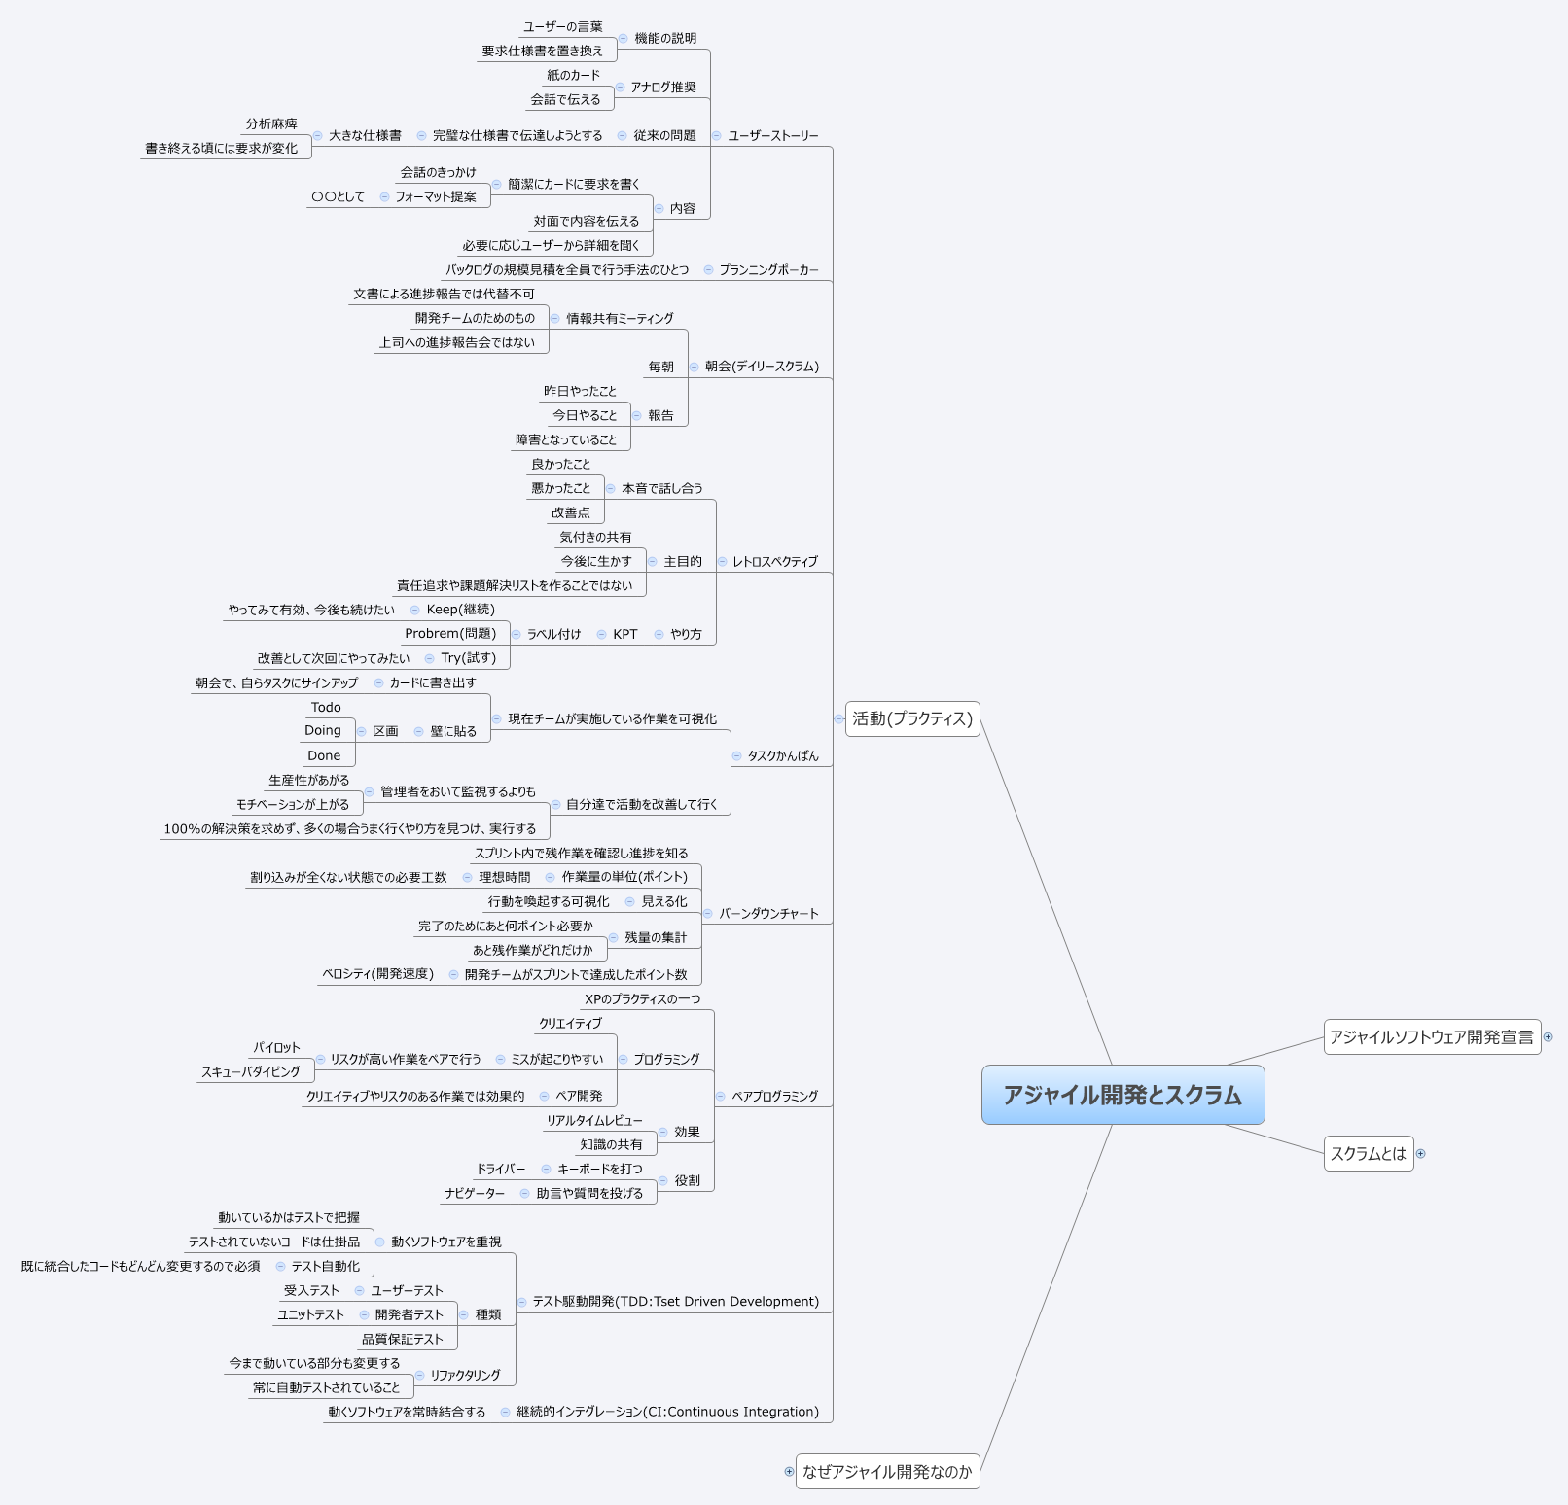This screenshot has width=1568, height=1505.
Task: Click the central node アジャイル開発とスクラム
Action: coord(1123,1095)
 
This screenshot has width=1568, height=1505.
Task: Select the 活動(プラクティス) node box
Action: coord(912,718)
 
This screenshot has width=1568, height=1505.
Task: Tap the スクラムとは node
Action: coord(1368,1153)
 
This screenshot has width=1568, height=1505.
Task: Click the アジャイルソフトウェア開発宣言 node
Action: coord(1432,1036)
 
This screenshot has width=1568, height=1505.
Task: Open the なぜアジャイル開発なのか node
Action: coord(887,1471)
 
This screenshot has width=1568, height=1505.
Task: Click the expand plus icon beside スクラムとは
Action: coord(1421,1153)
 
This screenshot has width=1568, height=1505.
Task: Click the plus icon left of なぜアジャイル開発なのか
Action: coord(789,1471)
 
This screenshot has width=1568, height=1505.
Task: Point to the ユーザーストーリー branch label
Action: coord(773,135)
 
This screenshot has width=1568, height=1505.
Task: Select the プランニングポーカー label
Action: coord(768,269)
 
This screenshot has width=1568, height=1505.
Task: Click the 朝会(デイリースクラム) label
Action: coord(762,367)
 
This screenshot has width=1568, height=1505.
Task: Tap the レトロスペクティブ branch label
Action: coord(775,561)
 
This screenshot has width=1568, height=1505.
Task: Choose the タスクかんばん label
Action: coord(783,755)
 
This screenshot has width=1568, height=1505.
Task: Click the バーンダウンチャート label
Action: coord(768,913)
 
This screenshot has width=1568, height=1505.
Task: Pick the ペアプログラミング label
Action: coord(775,1096)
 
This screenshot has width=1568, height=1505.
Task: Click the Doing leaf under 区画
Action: coord(323,730)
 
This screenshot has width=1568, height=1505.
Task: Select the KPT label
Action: coord(625,634)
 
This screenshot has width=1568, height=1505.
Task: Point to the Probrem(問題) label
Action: coord(450,633)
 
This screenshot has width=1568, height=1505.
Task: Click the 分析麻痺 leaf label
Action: coord(271,123)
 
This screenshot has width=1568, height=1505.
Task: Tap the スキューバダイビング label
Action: coord(251,1071)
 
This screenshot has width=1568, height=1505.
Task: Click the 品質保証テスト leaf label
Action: coord(403,1339)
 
